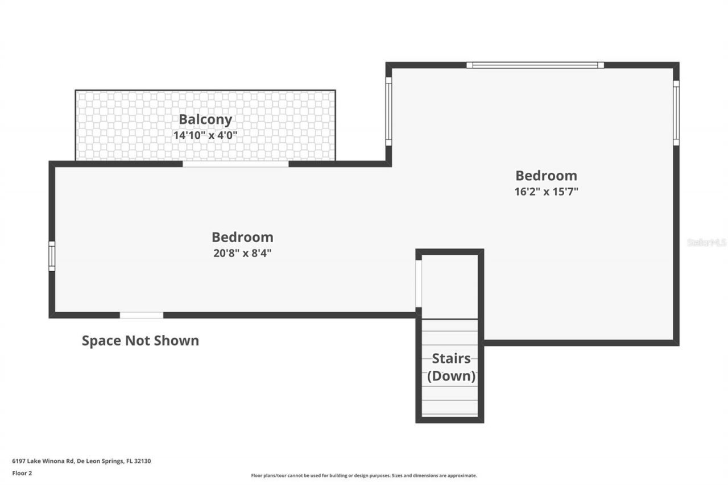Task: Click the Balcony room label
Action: [205, 119]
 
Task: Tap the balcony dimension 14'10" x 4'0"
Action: [205, 135]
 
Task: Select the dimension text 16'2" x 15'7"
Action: [546, 192]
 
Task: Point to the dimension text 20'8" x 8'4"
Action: [242, 253]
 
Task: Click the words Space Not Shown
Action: [140, 341]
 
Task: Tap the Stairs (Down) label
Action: [451, 367]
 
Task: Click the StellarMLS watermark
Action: [707, 242]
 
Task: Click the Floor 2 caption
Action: [22, 472]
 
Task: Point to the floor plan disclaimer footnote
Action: [364, 475]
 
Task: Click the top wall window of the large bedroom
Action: [535, 65]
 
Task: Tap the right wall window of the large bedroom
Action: [676, 113]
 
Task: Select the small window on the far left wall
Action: [52, 256]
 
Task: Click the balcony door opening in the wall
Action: [235, 164]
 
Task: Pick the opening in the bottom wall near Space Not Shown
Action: [141, 315]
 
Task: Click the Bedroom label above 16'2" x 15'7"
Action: [546, 176]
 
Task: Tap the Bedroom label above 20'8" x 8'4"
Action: [242, 237]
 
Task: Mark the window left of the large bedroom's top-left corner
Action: [388, 111]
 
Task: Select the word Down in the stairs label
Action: [451, 376]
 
